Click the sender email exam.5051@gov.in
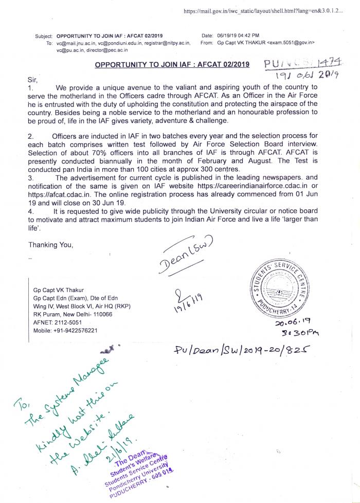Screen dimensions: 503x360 click(x=291, y=43)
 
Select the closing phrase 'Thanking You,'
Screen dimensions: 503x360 click(x=51, y=244)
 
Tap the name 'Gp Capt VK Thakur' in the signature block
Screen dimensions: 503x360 click(x=58, y=289)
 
